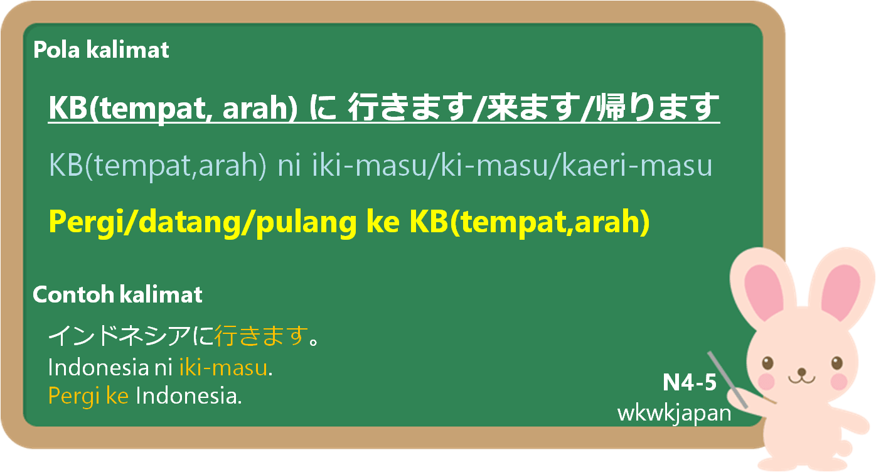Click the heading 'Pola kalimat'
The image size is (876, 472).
tap(101, 50)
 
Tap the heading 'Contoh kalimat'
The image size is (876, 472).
tap(117, 294)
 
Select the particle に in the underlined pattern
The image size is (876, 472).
tap(323, 107)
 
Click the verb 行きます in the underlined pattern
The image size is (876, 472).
tap(409, 107)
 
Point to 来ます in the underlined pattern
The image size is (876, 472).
tap(532, 107)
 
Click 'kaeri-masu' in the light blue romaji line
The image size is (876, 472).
tap(637, 166)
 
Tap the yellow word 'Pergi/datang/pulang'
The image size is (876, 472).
tap(203, 222)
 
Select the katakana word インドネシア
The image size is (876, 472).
tap(119, 336)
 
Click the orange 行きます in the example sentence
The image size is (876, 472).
tap(261, 336)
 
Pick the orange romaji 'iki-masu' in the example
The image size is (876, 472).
tap(223, 368)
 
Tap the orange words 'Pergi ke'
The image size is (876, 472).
tap(88, 396)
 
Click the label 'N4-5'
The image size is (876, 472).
tap(690, 382)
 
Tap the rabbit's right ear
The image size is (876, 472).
tap(840, 289)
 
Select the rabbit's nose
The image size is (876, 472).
tap(802, 371)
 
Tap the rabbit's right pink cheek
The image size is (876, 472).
tap(838, 382)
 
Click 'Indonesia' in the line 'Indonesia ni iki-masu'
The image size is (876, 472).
tap(98, 368)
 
